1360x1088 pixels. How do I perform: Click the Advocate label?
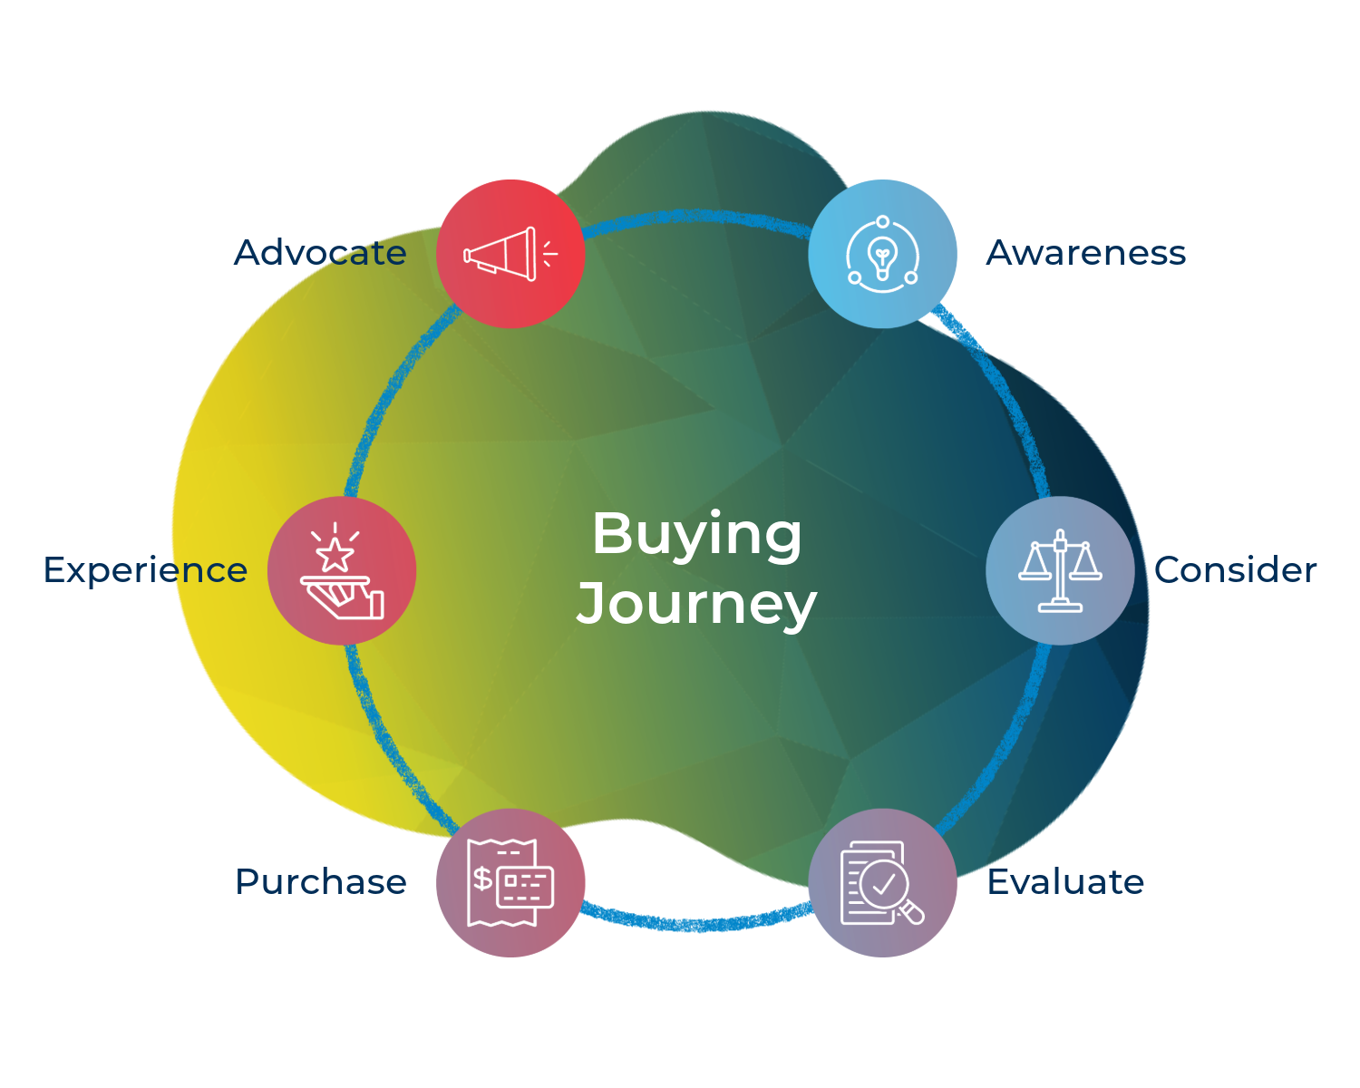point(320,253)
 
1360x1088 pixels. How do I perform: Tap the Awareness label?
point(1085,253)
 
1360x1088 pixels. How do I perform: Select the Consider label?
point(1235,570)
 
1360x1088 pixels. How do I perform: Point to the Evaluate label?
point(1065,882)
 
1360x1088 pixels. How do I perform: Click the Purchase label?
point(320,882)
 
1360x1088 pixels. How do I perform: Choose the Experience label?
point(145,570)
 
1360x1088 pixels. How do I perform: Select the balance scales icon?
point(1060,571)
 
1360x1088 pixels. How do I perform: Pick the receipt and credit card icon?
point(510,883)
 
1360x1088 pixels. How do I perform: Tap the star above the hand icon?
point(335,554)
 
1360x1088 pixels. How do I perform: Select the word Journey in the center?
point(696,604)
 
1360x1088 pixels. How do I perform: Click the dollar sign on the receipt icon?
point(483,878)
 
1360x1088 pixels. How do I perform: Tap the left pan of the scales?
point(1035,568)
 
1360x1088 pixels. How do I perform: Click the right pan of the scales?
point(1085,568)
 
